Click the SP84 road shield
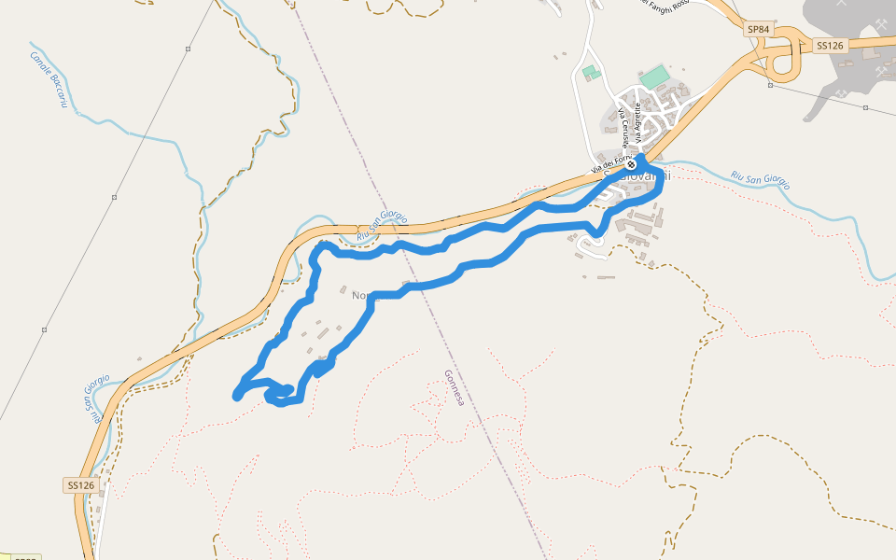click(x=758, y=30)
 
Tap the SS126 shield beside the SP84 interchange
click(x=829, y=45)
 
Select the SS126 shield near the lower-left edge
click(x=81, y=485)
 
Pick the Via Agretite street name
click(x=638, y=122)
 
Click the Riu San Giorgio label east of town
click(x=761, y=178)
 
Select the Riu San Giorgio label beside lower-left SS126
click(x=94, y=399)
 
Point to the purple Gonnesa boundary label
click(x=454, y=386)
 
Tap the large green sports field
click(x=655, y=76)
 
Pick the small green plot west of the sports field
click(x=590, y=72)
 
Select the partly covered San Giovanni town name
click(x=644, y=176)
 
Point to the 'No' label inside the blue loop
click(x=360, y=296)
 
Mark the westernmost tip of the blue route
click(x=236, y=396)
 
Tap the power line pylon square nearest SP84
click(x=770, y=85)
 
